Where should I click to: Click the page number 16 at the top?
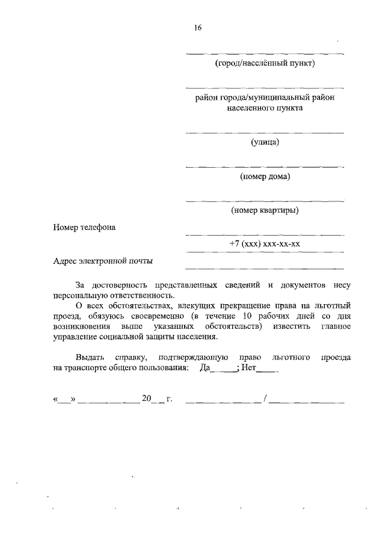(197, 28)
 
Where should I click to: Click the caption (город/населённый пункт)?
(265, 63)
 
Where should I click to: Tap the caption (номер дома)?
(265, 176)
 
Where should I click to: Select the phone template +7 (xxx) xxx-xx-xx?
(265, 244)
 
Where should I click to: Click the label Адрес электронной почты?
(103, 261)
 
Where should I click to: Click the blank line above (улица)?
(265, 132)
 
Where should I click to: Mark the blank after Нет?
(267, 370)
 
